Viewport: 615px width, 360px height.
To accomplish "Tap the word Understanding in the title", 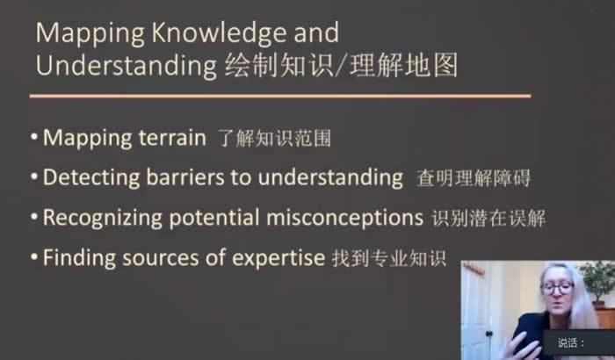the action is (127, 65).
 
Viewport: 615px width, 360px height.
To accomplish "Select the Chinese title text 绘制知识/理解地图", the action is (341, 65).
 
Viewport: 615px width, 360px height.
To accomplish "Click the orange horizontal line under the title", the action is (280, 96).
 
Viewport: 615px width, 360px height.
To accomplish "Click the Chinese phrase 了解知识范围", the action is (274, 139).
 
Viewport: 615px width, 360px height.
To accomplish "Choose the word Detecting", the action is (91, 177).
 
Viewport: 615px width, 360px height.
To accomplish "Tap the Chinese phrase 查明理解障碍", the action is (474, 178).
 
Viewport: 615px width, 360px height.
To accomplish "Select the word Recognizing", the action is (103, 218).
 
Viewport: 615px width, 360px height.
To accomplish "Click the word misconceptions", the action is (344, 218).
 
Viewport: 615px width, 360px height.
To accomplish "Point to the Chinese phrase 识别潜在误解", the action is (488, 219).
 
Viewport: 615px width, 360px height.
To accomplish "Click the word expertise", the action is (279, 258).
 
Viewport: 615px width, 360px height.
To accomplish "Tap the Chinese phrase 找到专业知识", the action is (388, 258).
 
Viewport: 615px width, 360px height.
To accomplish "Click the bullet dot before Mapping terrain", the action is (34, 137).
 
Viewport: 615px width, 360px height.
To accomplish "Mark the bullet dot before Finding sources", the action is (34, 257).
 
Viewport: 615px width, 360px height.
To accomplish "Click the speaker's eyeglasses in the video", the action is (557, 289).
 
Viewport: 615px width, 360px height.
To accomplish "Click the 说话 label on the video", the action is (568, 343).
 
